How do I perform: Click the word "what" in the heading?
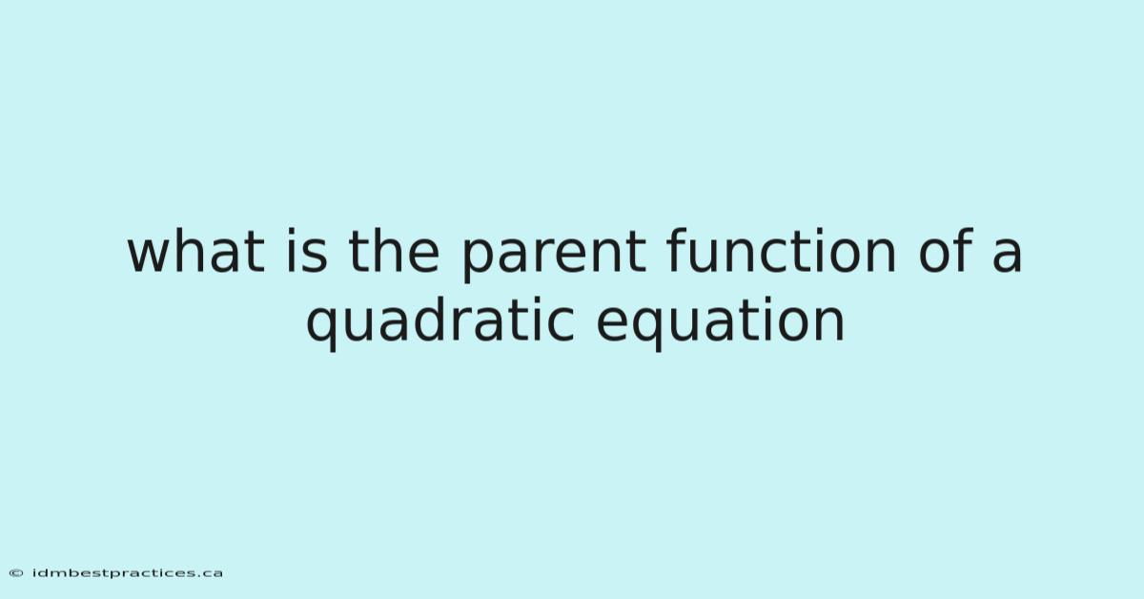pyautogui.click(x=196, y=251)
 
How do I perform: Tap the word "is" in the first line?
pyautogui.click(x=307, y=251)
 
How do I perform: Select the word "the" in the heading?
pyautogui.click(x=394, y=251)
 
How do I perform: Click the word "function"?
pyautogui.click(x=782, y=251)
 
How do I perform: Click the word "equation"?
pyautogui.click(x=720, y=324)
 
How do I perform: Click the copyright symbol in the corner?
pyautogui.click(x=16, y=573)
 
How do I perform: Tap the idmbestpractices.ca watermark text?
pyautogui.click(x=127, y=573)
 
